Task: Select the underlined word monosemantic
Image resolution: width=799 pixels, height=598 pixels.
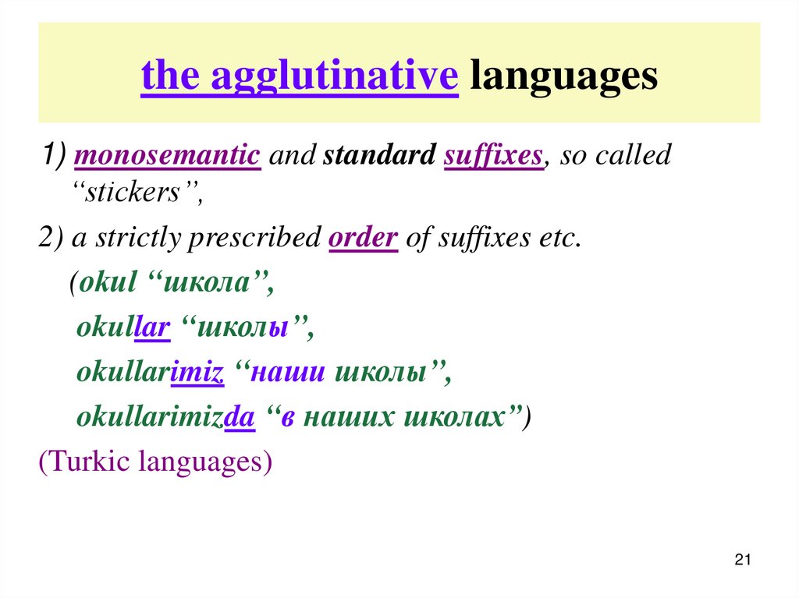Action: coord(166,155)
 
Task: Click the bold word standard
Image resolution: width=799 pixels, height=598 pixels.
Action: coord(378,155)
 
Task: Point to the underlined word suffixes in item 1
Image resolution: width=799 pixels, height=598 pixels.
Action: coord(492,155)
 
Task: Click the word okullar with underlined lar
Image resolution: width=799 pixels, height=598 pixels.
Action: coord(123,329)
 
